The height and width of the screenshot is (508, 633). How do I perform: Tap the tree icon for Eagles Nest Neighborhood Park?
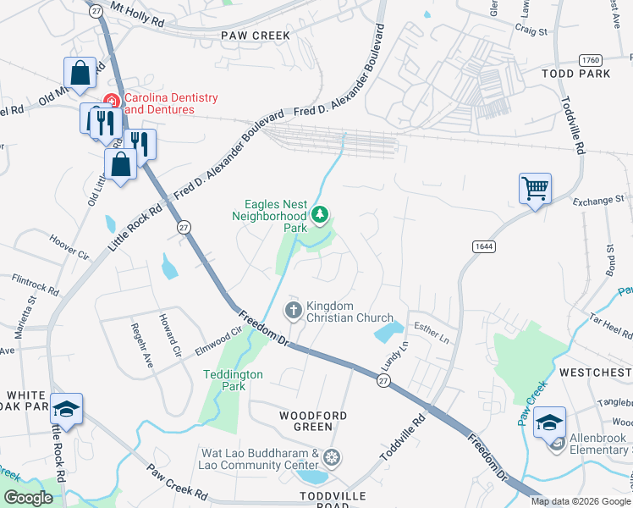point(319,216)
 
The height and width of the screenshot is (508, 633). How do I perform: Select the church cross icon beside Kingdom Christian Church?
point(293,311)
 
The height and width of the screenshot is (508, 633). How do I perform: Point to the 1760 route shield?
point(591,59)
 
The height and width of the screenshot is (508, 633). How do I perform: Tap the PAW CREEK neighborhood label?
point(255,35)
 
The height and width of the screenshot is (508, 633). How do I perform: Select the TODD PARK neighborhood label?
point(576,74)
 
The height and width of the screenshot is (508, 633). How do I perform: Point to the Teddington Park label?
point(233,380)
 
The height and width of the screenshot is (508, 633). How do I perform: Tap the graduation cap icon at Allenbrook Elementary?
point(549,421)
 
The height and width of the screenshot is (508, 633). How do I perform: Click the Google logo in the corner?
point(29,498)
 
